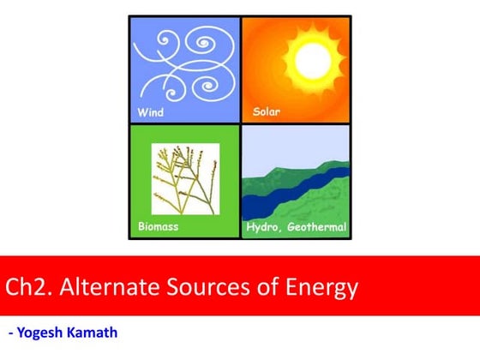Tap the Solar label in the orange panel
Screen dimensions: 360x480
(x=267, y=112)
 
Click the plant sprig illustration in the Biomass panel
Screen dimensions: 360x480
(x=184, y=177)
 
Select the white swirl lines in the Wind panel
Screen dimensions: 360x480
(x=184, y=64)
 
